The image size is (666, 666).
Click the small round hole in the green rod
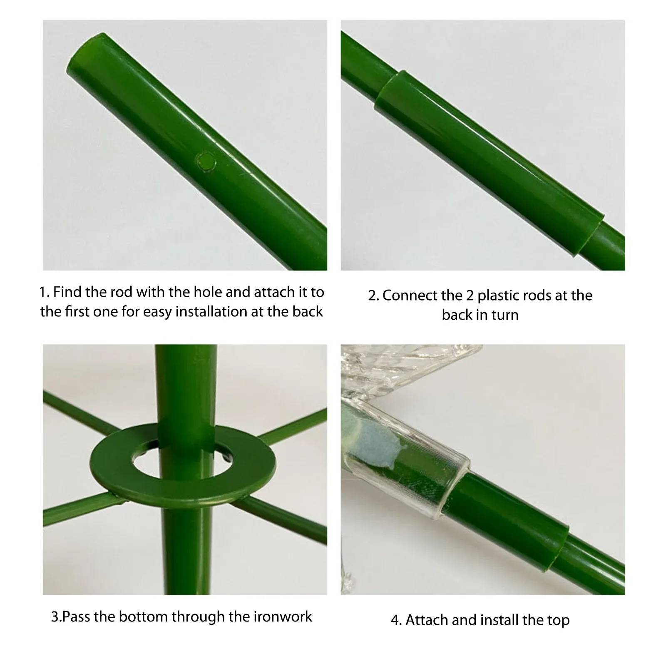[206, 161]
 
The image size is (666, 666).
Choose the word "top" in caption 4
[559, 621]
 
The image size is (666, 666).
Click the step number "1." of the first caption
[45, 292]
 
